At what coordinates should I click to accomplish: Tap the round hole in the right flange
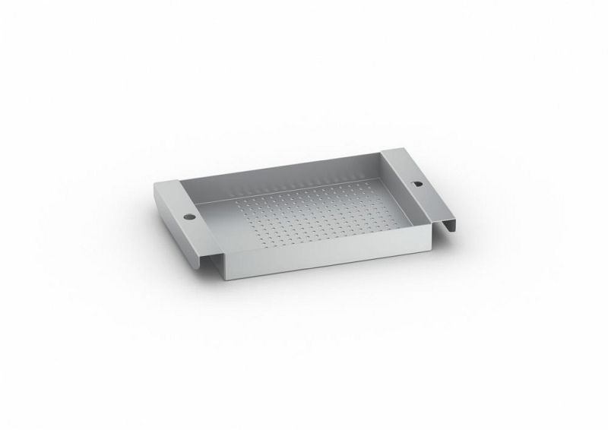pos(416,185)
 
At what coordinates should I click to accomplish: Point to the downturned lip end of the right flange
pos(446,225)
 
